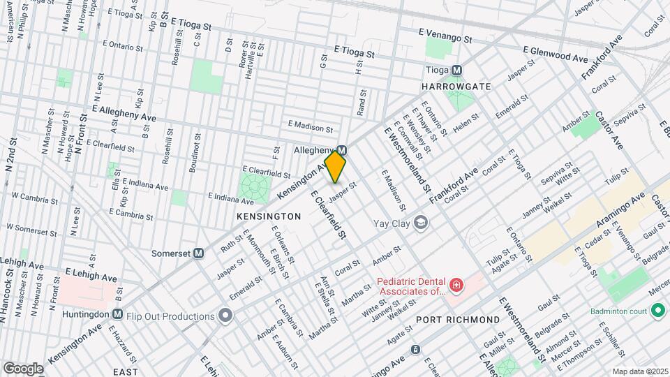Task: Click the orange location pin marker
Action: coord(335,167)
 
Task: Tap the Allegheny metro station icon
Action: coord(342,150)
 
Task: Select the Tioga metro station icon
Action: coord(456,70)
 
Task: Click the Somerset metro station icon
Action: coord(199,253)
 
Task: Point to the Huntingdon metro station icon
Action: coord(117,314)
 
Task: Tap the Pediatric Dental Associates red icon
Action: coord(456,286)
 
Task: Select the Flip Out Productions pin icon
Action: coord(225,316)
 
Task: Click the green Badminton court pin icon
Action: coord(657,309)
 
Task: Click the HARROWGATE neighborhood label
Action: coord(456,87)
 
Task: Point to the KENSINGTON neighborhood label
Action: coord(269,216)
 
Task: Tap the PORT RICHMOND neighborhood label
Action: coord(458,320)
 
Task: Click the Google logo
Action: coord(23,368)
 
